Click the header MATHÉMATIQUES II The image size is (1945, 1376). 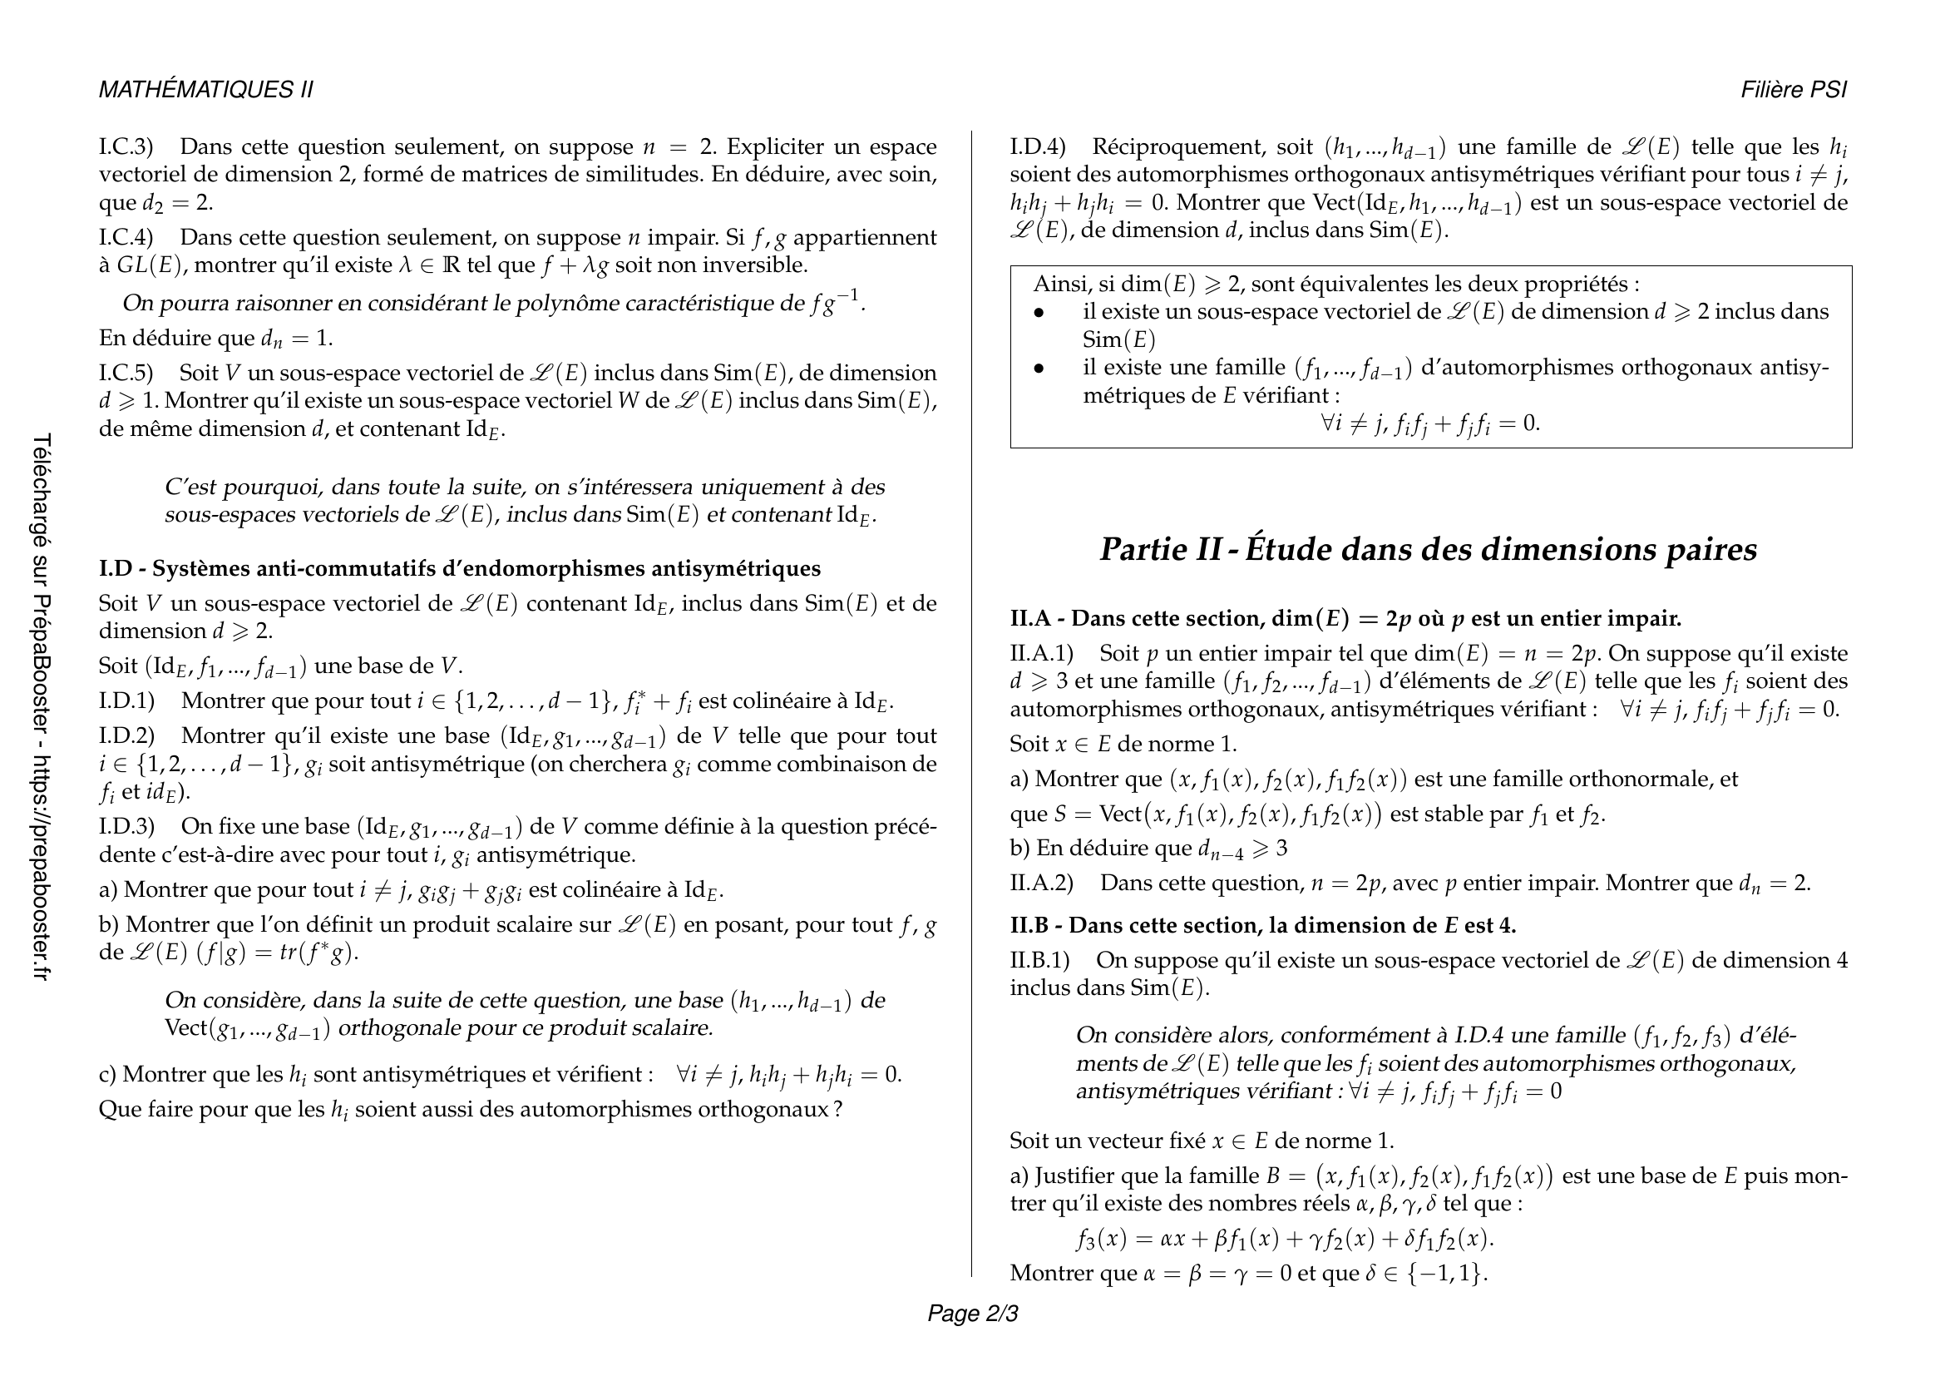click(x=206, y=90)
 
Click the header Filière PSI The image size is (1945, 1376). click(x=1794, y=90)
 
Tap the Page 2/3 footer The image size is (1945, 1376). click(x=973, y=1314)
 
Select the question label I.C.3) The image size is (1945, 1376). click(x=126, y=147)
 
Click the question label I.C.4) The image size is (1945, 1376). click(x=126, y=237)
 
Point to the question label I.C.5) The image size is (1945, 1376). click(x=126, y=374)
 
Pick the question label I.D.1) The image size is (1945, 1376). click(x=127, y=701)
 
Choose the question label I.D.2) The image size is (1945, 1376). click(x=127, y=736)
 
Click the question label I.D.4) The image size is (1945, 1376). click(x=1038, y=147)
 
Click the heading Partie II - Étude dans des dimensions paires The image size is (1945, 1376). click(x=1429, y=550)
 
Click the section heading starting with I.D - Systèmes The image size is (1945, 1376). click(x=459, y=568)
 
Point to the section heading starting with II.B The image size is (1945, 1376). click(x=1262, y=925)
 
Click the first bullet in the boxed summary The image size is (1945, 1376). click(x=1039, y=313)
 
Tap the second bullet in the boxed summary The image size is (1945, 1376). click(x=1039, y=369)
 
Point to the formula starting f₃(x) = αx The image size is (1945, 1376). click(x=1284, y=1240)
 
